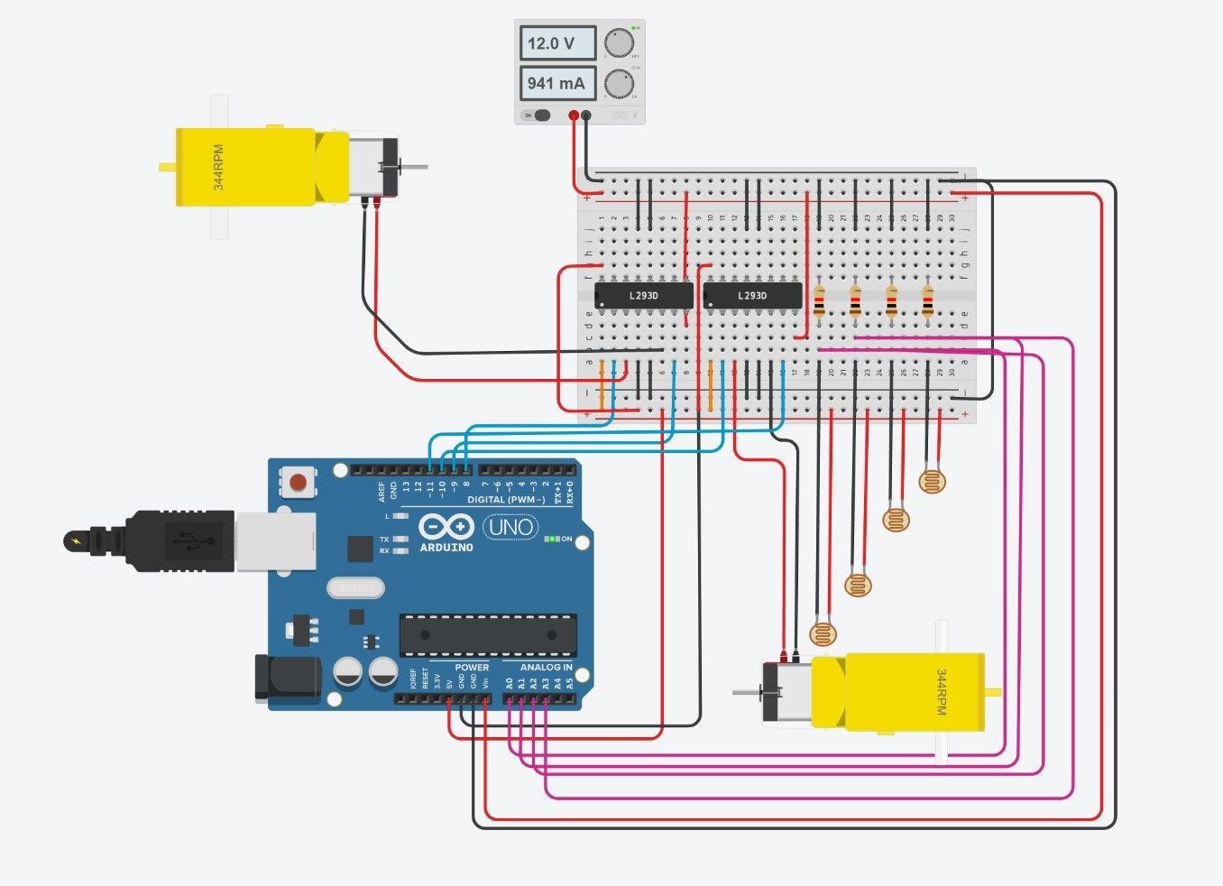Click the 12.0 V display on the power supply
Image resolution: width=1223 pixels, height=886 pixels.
[x=557, y=43]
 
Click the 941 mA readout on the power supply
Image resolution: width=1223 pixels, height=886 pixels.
[x=557, y=83]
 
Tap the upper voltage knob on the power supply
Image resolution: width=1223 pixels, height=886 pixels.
[x=619, y=43]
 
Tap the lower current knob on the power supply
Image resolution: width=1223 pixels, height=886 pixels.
[x=619, y=83]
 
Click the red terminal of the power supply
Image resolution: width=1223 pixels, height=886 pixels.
[x=574, y=115]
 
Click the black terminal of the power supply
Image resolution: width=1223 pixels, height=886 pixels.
[x=586, y=115]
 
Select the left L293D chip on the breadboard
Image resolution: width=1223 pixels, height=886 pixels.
[x=643, y=295]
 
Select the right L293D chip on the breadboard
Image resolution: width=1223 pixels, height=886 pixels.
[x=752, y=295]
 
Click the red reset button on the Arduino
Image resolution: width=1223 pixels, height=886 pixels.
[x=298, y=483]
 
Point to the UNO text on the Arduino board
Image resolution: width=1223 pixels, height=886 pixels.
[x=510, y=526]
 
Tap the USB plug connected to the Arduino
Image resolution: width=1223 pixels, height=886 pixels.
[x=180, y=540]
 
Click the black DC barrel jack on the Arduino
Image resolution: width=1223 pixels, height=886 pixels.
[x=287, y=679]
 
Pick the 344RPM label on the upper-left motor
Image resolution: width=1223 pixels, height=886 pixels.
[x=218, y=167]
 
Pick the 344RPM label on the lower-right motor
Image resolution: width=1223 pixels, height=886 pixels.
[x=941, y=692]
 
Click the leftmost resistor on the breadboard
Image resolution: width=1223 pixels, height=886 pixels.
[x=819, y=302]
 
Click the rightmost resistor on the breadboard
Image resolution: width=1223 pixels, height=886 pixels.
[x=927, y=302]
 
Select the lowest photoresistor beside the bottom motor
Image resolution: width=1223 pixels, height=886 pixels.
[x=823, y=632]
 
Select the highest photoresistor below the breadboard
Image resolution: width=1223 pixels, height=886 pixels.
[x=932, y=481]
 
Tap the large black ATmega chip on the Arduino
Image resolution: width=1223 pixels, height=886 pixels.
[x=488, y=635]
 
